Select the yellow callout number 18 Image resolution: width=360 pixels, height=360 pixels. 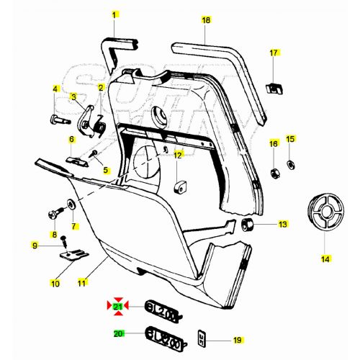(x=206, y=20)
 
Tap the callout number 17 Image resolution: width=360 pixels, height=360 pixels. (x=274, y=53)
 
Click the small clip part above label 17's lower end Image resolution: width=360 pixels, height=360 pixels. (x=274, y=88)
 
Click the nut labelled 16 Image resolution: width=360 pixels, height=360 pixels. (x=274, y=173)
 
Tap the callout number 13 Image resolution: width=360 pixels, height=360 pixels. (x=282, y=225)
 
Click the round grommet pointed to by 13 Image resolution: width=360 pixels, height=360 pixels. (x=248, y=226)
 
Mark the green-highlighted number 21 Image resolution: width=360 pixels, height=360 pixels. (x=117, y=307)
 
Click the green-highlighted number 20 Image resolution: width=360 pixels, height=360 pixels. (x=118, y=334)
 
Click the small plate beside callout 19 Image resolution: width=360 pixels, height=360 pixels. (x=202, y=337)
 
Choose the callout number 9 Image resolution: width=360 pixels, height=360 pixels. (x=35, y=246)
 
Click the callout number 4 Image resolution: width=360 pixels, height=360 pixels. (x=54, y=89)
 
